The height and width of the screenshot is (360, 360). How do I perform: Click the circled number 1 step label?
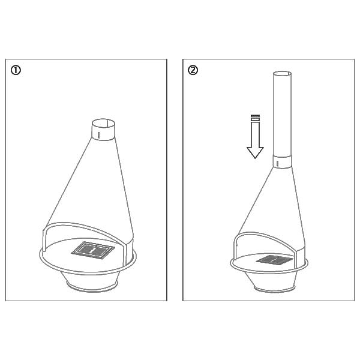(16, 70)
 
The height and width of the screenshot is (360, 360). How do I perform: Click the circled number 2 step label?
(193, 70)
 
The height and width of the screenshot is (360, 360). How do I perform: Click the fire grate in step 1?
(93, 250)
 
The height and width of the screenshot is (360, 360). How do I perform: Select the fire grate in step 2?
(274, 260)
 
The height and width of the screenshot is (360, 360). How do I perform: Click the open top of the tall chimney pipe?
(282, 74)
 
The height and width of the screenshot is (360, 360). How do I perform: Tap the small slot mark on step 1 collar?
(98, 134)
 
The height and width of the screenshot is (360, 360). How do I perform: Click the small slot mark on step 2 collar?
(277, 163)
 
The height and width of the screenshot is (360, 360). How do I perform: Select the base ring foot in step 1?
(92, 287)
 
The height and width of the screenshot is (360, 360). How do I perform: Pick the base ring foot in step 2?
(274, 289)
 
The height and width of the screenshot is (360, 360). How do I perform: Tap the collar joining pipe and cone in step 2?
(282, 162)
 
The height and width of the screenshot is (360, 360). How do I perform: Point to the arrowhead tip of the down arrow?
(255, 158)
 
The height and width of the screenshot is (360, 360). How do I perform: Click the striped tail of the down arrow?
(255, 118)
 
